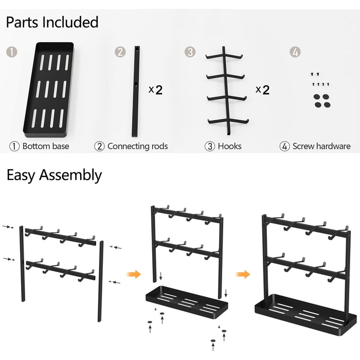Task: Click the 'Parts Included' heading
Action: tap(52, 23)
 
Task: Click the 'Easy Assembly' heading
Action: tap(54, 175)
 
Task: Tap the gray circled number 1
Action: tap(11, 51)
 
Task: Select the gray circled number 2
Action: tap(120, 51)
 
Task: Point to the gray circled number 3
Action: tap(190, 51)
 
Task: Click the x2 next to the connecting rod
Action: tap(155, 90)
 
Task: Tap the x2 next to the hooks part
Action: tap(262, 90)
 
